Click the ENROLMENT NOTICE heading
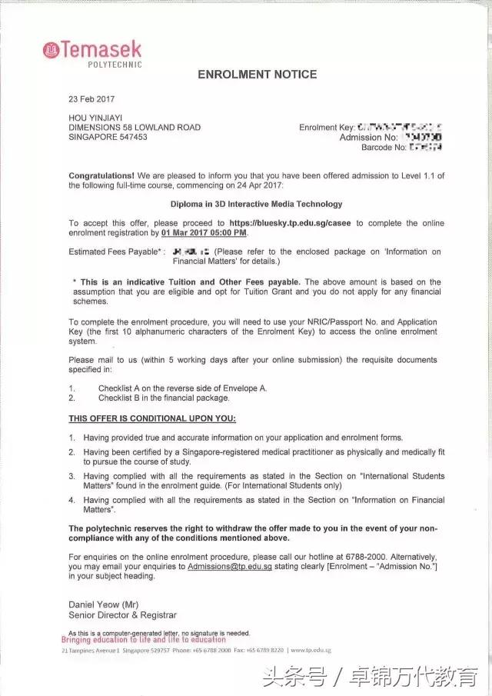257,75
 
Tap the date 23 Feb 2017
91,100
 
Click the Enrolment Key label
327,128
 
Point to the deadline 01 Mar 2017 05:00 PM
204,232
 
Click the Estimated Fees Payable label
115,251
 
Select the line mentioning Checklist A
182,388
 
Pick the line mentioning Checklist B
164,398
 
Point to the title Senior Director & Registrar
122,614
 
